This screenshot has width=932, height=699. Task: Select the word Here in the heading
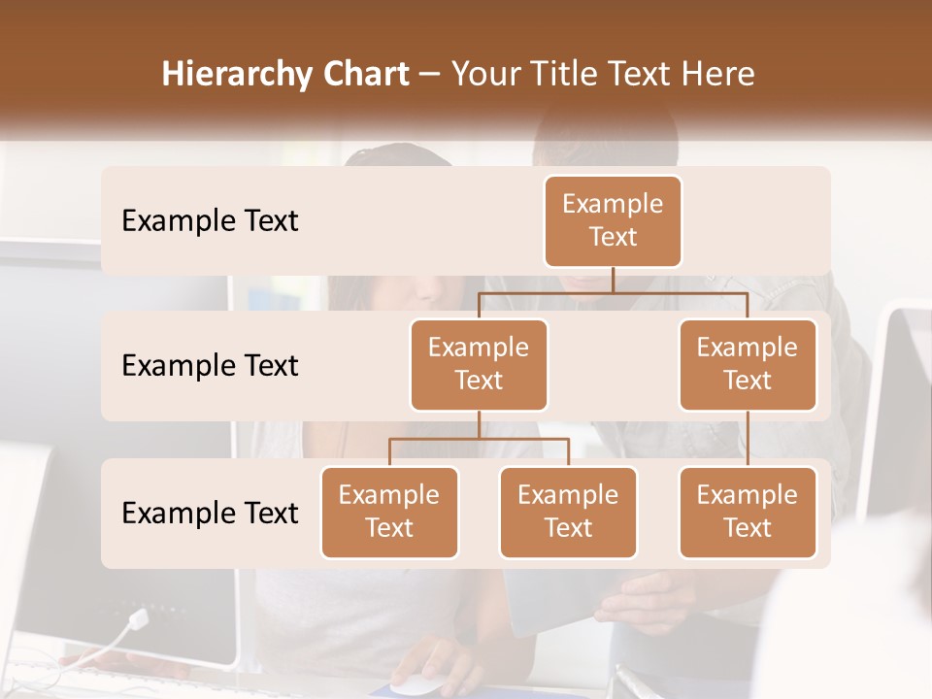point(716,74)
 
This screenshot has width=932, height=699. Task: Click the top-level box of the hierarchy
point(613,220)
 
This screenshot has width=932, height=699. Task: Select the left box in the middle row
point(479,364)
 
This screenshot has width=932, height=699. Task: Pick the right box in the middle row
point(748,364)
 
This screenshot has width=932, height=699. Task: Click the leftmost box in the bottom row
point(389,512)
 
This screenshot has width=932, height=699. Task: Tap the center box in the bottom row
point(568,512)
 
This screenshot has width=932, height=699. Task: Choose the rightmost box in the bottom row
point(748,512)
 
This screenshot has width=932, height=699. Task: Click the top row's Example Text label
point(210,220)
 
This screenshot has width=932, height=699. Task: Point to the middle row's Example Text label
point(210,365)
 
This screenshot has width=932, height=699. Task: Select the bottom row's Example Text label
point(210,513)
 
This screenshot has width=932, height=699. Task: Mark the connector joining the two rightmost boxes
point(748,439)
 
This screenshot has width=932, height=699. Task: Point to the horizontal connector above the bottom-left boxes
point(479,439)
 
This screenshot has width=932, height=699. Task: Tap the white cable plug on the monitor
point(137,618)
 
